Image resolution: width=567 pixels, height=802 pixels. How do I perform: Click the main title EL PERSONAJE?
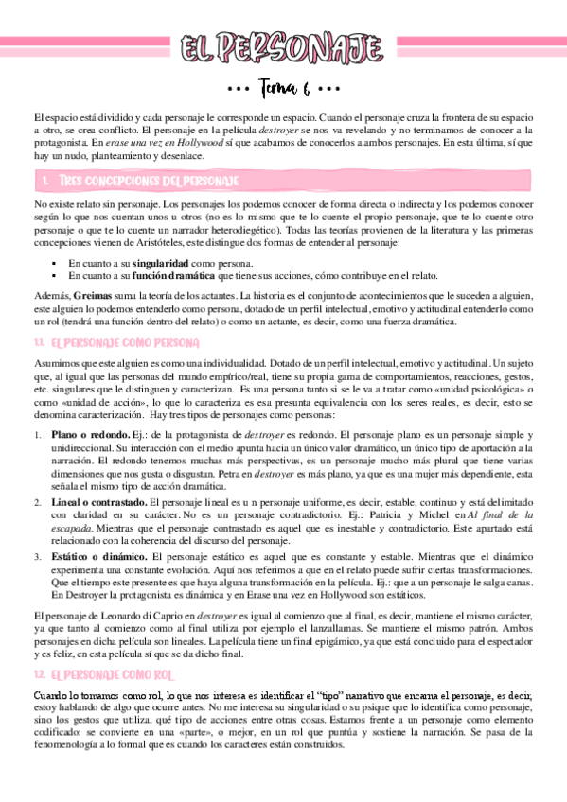click(283, 48)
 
